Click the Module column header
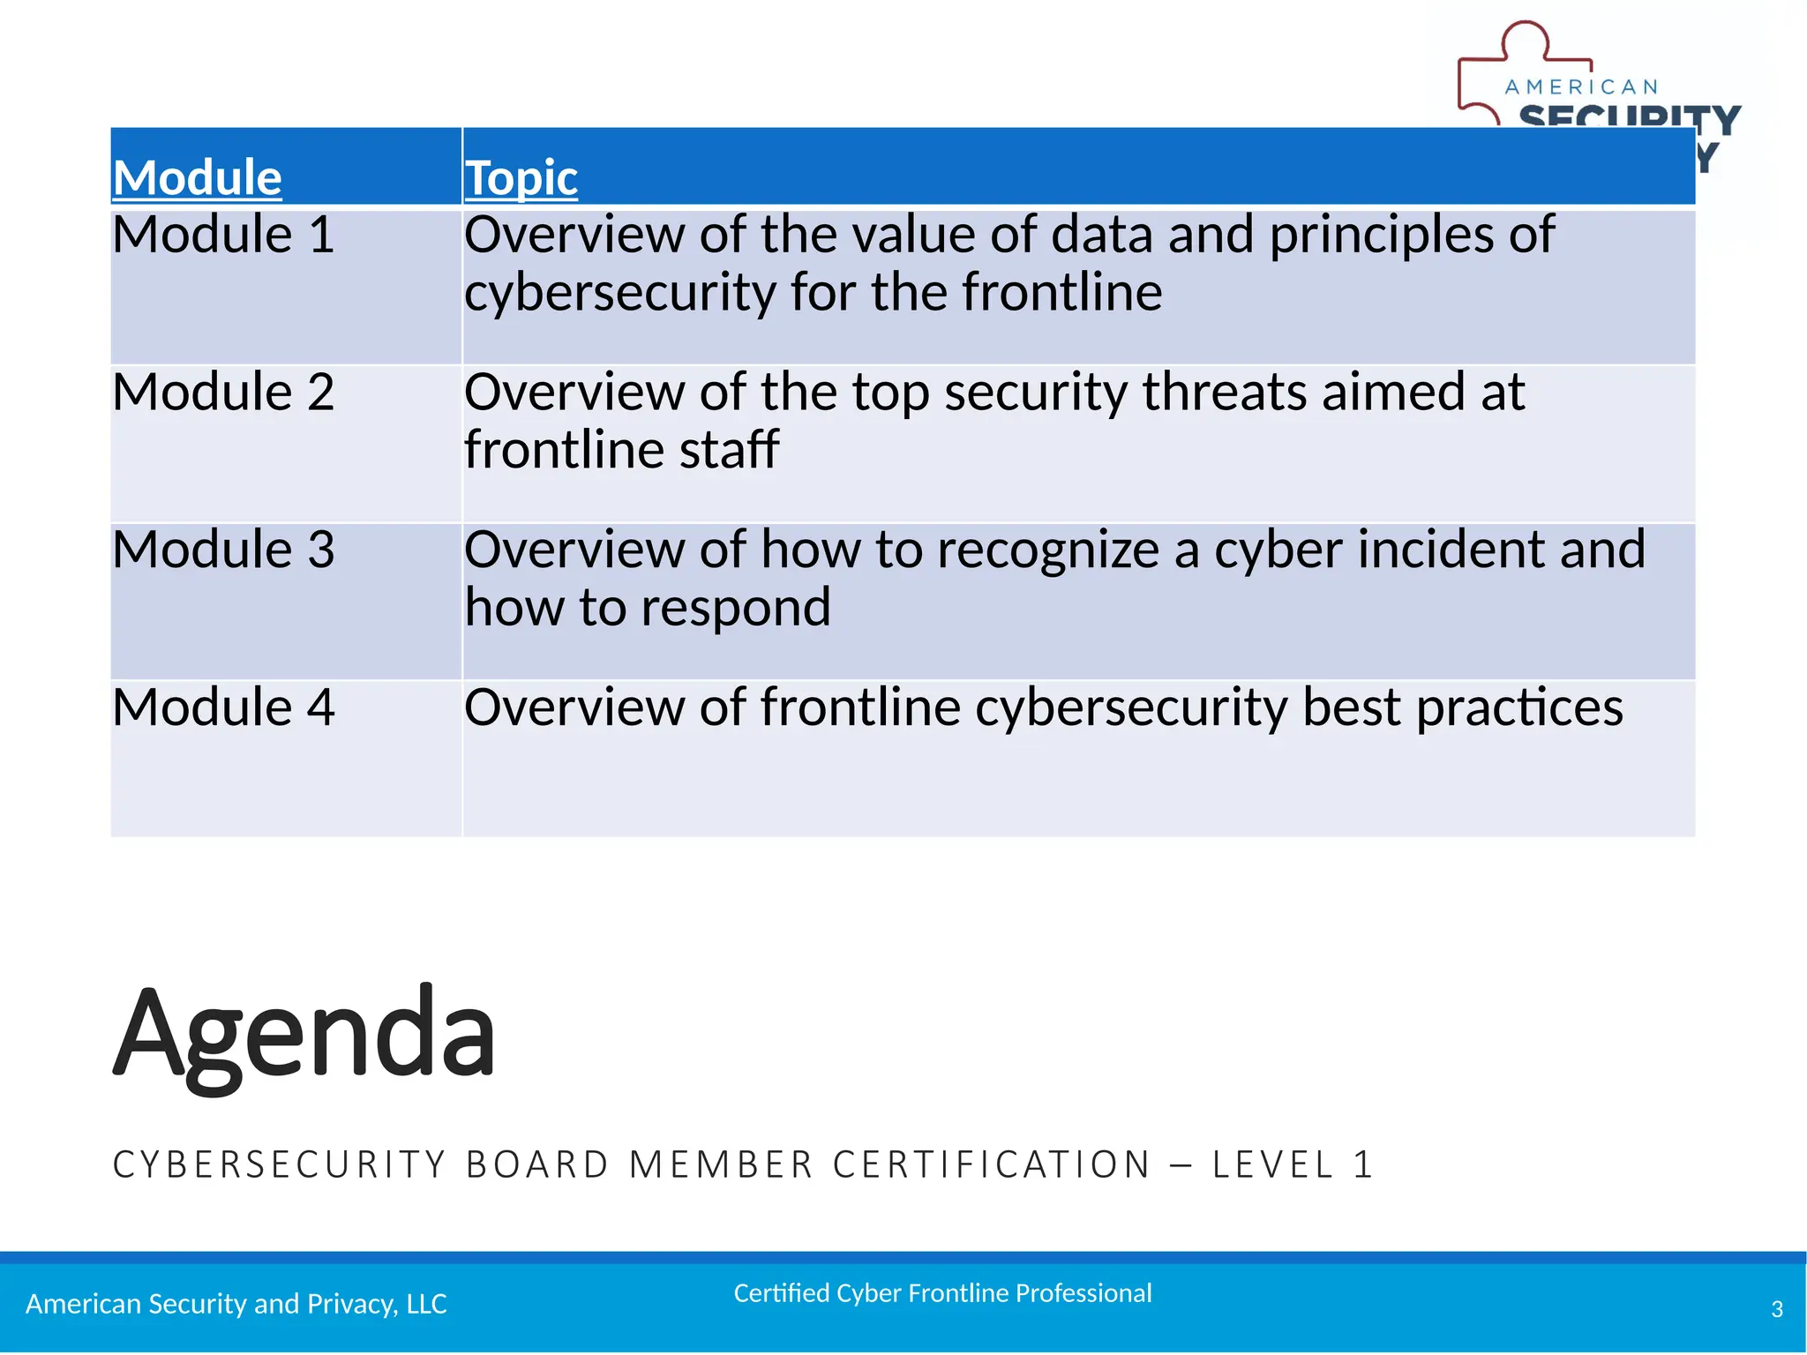point(197,177)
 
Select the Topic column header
point(521,177)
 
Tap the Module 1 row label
point(223,236)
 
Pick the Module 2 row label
point(223,393)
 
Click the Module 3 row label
point(223,550)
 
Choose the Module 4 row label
point(223,707)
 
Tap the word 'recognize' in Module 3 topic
point(1047,551)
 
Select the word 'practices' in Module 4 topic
point(1518,709)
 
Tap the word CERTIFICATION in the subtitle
point(992,1164)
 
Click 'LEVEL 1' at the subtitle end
point(1292,1164)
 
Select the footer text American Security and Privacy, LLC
point(236,1304)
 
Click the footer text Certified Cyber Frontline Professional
point(942,1293)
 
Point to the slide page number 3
point(1777,1309)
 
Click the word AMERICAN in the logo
point(1581,87)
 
